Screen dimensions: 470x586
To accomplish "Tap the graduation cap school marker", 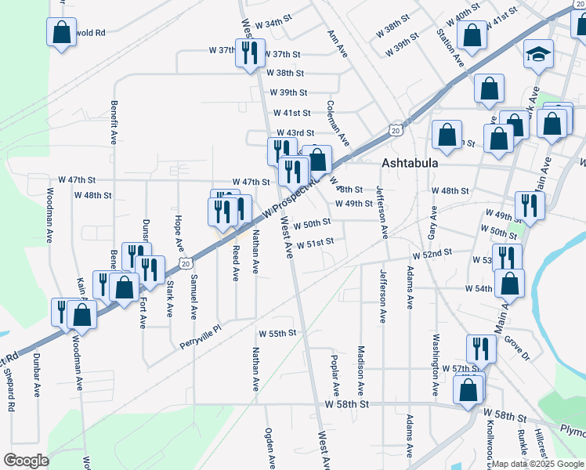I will pos(537,56).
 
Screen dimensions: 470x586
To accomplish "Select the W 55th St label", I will pos(277,333).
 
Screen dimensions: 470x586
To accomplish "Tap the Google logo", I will pos(25,461).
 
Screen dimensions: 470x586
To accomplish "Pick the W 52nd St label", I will pos(434,253).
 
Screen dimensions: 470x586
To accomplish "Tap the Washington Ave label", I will pos(436,364).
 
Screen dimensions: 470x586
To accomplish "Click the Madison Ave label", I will pos(361,371).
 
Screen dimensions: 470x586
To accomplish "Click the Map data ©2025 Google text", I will pos(537,463).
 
